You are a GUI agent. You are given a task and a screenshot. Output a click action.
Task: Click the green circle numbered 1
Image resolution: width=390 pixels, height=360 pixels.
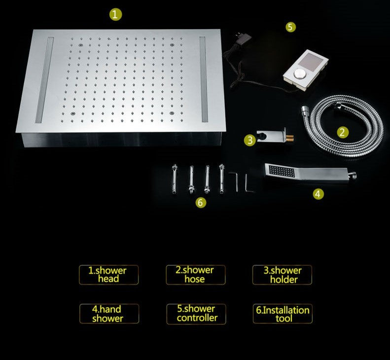point(114,15)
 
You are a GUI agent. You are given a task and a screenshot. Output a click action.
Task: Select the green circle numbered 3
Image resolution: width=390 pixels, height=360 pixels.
point(250,140)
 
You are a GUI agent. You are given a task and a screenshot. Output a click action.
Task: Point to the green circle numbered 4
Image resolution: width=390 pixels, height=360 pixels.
point(319,194)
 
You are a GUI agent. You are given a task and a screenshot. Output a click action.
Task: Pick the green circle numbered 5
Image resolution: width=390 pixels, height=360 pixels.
point(291,27)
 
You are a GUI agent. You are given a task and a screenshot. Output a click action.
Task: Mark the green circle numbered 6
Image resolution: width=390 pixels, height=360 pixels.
point(200,202)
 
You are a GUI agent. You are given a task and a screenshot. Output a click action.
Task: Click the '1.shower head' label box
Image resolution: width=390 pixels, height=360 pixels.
point(108,275)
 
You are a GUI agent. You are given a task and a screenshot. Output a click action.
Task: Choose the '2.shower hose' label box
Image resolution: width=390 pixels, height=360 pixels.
point(195,275)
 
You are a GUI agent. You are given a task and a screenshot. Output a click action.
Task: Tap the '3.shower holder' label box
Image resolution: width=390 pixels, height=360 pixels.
point(283,275)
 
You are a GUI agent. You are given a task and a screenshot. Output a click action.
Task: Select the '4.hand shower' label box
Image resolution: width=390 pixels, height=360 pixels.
point(108,314)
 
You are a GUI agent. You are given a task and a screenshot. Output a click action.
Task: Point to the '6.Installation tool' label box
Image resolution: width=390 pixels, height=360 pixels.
point(283,314)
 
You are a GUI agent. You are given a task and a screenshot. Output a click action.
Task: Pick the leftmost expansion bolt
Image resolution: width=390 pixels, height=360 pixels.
point(175,180)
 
